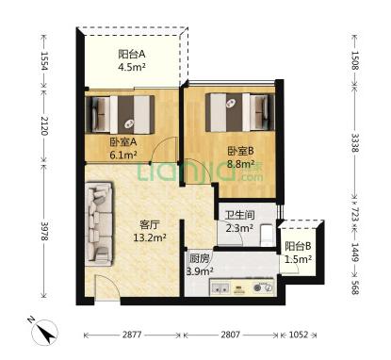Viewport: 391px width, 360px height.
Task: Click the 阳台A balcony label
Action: tap(132, 54)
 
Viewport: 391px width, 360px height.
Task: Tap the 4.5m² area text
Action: tap(132, 67)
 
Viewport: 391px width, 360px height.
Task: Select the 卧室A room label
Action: tap(123, 142)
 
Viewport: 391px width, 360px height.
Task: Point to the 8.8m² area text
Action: tap(240, 164)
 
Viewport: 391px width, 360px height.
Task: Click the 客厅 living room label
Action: tap(150, 224)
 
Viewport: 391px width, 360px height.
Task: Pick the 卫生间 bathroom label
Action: tap(239, 215)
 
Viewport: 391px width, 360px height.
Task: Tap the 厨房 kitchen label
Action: tap(199, 258)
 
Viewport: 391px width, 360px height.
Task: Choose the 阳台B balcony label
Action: tap(298, 246)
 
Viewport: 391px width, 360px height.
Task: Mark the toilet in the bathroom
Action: tap(268, 235)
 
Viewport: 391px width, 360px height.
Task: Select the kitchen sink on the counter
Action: tap(220, 287)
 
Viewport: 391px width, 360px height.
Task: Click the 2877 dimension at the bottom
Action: tap(132, 335)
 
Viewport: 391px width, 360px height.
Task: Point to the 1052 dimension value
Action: tap(298, 335)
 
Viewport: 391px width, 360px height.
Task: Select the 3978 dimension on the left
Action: tap(44, 232)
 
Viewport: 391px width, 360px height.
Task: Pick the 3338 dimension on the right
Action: tap(354, 143)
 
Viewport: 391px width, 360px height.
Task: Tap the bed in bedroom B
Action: tap(240, 112)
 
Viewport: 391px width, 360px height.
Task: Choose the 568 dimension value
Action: tap(354, 286)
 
